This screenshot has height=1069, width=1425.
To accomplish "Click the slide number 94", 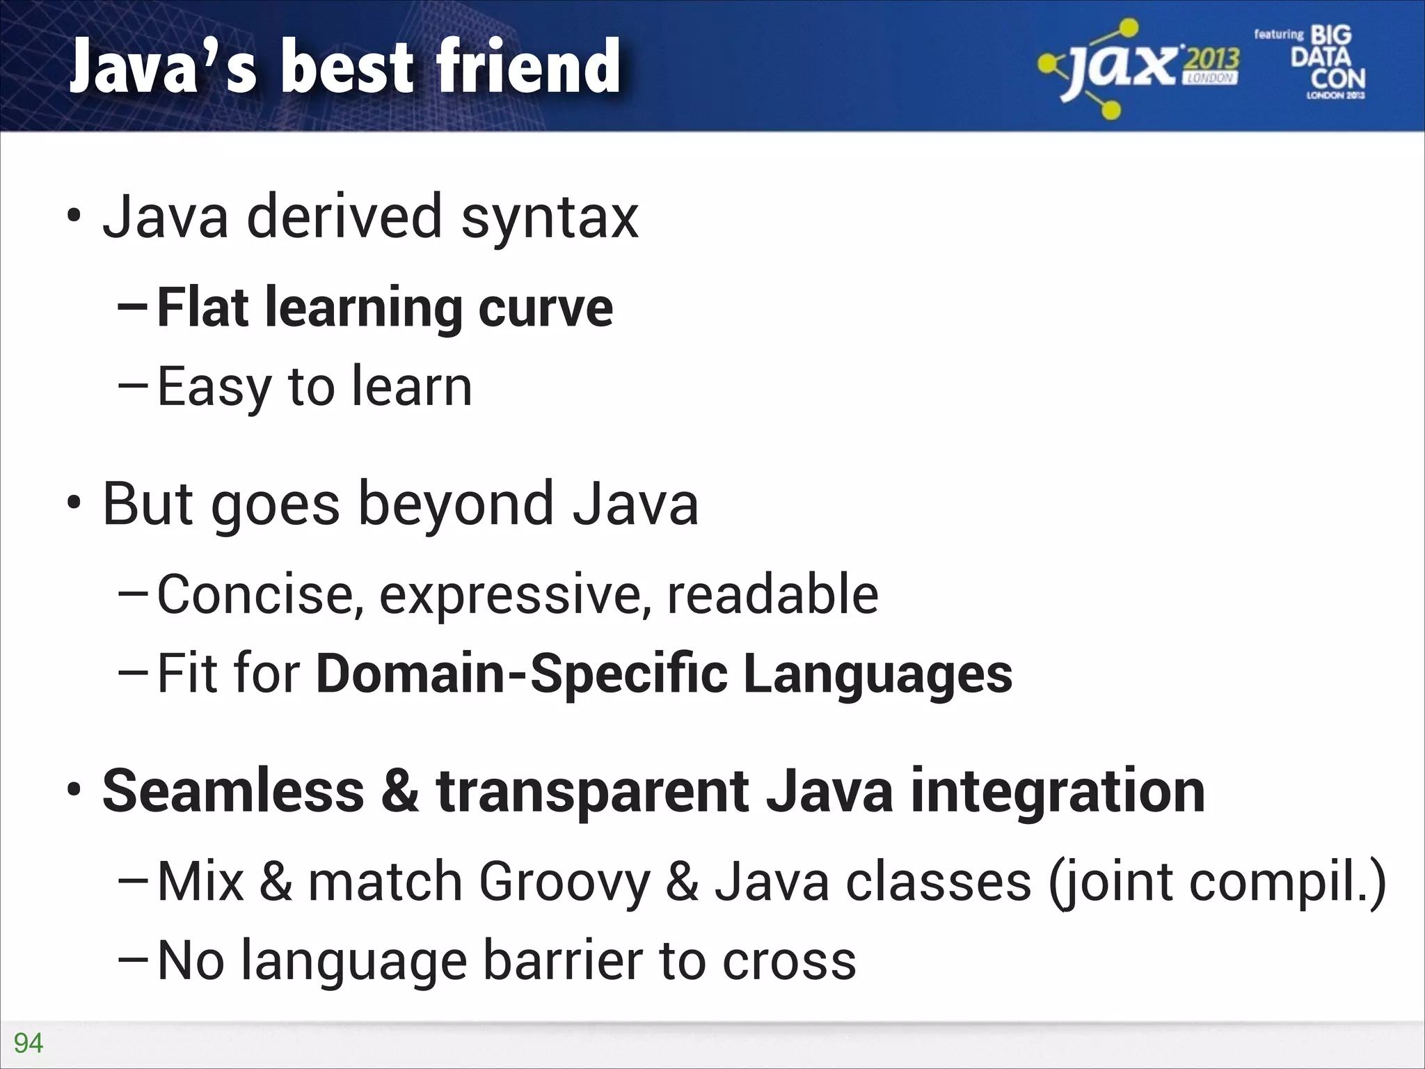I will coord(29,1043).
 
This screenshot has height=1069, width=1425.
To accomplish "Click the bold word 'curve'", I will coord(546,308).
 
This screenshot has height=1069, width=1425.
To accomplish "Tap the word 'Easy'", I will coord(214,388).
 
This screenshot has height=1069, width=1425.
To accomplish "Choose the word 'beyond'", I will coord(456,504).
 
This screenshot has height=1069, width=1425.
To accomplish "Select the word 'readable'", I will coord(772,595).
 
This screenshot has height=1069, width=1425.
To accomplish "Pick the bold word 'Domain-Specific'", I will coord(522,674).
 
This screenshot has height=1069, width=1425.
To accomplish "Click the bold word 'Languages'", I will coord(877,674).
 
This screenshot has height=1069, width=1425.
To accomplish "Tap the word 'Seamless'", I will coord(233,791).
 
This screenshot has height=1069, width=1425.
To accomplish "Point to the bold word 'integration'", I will coord(1058,791).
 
